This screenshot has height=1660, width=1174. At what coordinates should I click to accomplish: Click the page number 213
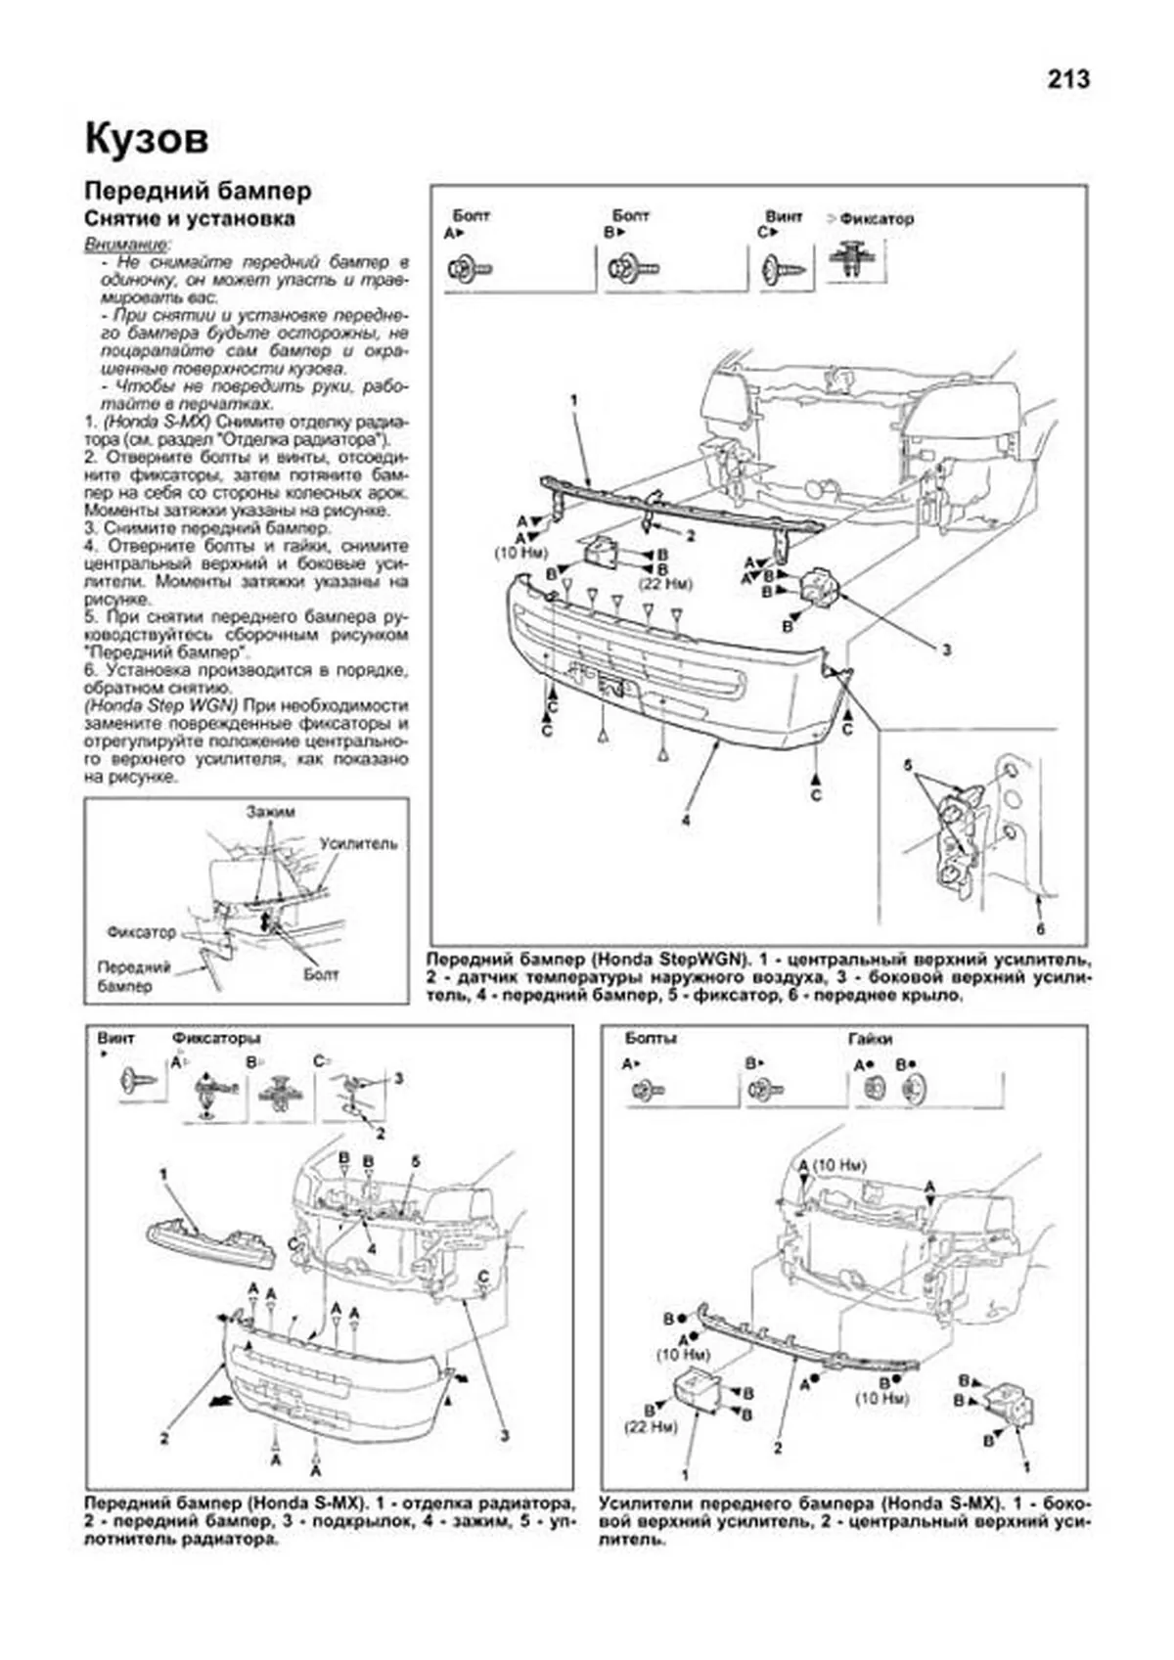point(1067,79)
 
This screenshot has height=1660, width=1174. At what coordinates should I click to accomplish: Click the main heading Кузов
point(146,139)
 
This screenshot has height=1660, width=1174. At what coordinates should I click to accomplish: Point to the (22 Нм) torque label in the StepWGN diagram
point(665,583)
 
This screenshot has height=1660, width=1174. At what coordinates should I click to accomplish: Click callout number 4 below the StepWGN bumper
point(686,820)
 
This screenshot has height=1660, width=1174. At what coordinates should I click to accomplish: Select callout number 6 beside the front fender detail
point(1041,928)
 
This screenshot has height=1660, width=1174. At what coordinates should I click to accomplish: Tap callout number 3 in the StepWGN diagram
point(946,649)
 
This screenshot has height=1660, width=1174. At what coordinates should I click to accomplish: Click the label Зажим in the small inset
point(270,811)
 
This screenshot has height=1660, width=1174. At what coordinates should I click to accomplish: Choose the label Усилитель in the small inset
point(357,842)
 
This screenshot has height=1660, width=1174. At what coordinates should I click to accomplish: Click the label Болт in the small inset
point(321,973)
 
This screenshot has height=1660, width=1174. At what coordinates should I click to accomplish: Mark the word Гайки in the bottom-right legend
point(871,1039)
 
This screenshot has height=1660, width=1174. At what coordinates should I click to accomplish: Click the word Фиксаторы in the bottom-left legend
point(216,1038)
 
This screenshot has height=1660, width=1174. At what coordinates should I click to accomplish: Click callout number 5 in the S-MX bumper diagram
point(416,1161)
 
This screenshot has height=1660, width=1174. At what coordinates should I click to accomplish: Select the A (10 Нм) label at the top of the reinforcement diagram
point(833,1165)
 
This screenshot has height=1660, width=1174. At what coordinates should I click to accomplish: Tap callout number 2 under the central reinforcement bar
point(779,1447)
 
